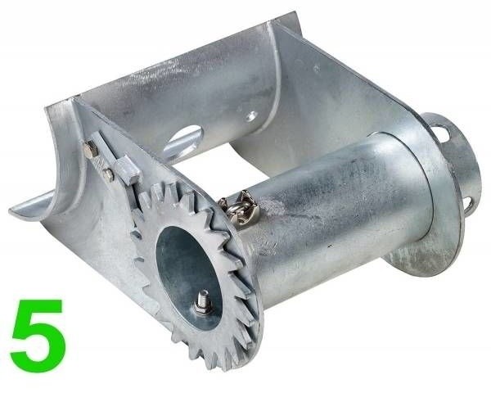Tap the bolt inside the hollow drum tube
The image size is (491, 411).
click(x=201, y=304)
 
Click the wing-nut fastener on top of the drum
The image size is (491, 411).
click(x=241, y=207)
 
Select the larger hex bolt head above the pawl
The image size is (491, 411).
click(x=91, y=148)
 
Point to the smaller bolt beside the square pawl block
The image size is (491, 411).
click(x=108, y=174)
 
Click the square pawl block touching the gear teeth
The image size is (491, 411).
click(x=128, y=169)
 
